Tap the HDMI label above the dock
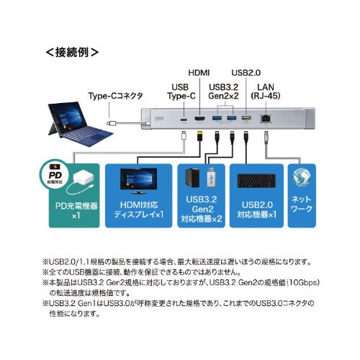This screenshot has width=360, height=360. (x=199, y=73)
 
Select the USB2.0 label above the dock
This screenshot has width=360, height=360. (x=246, y=73)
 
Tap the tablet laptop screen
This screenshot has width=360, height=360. (x=71, y=123)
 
